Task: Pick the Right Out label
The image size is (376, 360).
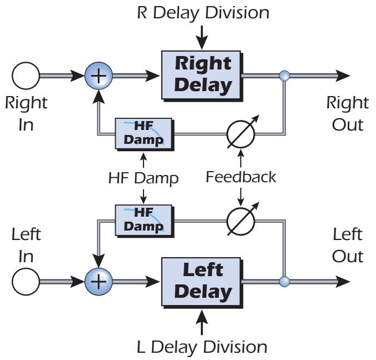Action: coord(347,113)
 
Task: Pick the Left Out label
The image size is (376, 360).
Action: coord(347,246)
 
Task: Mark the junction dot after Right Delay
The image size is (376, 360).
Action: coord(285,76)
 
